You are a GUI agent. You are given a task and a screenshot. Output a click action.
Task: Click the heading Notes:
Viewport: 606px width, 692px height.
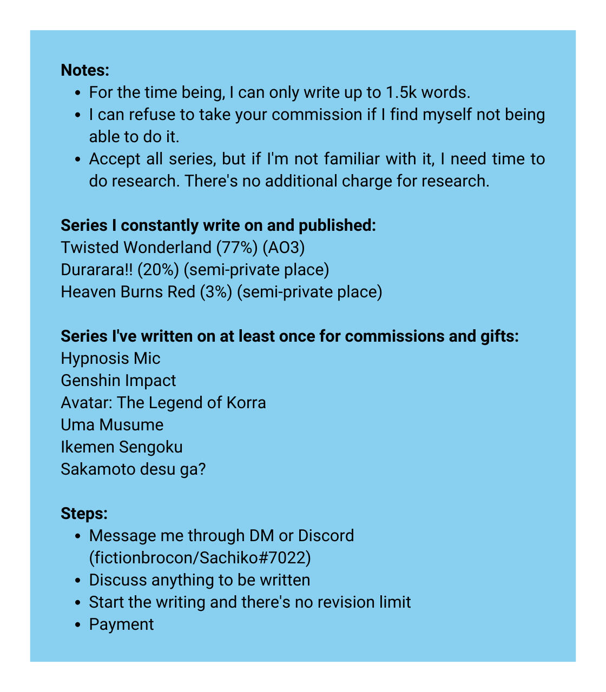[x=85, y=70]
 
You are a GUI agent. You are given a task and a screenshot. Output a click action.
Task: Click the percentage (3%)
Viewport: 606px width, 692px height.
[x=216, y=292]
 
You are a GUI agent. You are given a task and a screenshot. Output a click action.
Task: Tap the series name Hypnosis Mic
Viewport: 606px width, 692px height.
[x=110, y=358]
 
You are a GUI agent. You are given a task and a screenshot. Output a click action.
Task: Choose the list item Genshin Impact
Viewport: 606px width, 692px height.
[x=118, y=381]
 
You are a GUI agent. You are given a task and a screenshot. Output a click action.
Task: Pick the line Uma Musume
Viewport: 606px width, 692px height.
[x=112, y=425]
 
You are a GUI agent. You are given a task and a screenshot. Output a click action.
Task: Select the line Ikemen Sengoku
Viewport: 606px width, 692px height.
[x=121, y=447]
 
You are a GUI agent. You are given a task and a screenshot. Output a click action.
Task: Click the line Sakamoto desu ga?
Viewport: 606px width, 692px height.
[x=133, y=469]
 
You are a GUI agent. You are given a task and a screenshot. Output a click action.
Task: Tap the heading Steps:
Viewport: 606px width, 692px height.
[x=84, y=513]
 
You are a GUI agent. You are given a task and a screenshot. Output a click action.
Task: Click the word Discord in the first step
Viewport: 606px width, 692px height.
[x=326, y=536]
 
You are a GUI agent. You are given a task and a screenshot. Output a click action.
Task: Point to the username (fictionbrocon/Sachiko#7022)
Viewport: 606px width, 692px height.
[x=200, y=558]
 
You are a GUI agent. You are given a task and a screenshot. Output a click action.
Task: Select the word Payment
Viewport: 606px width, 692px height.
[x=121, y=624]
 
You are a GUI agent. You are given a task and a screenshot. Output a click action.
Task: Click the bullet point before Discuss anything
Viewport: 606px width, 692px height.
[x=79, y=581]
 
